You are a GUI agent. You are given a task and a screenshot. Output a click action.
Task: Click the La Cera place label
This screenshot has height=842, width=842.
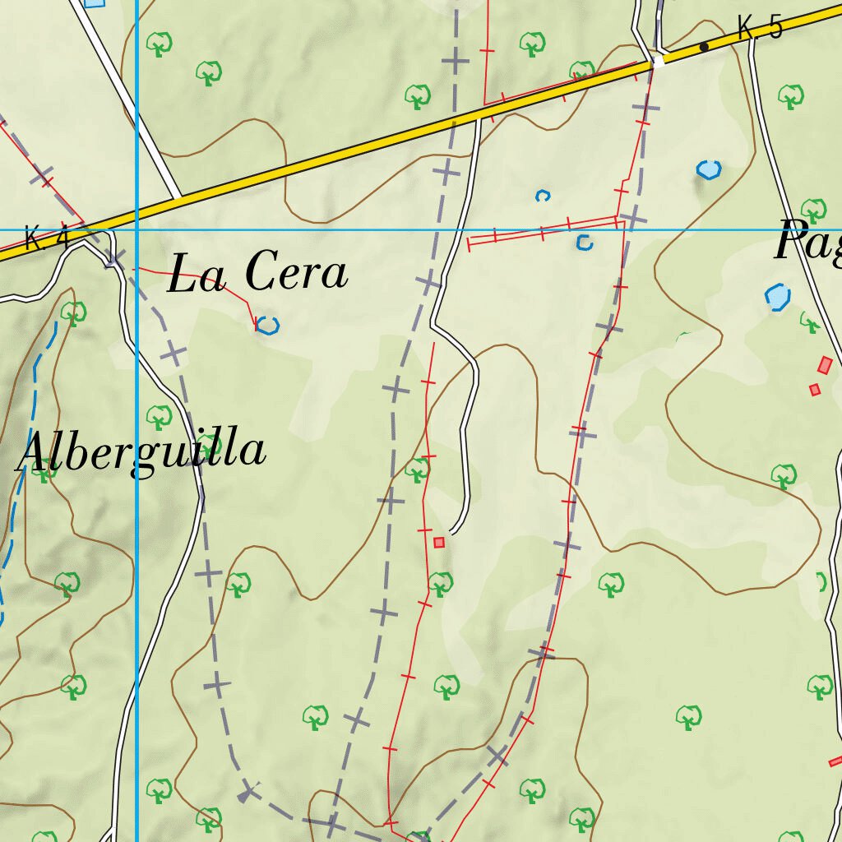pyautogui.click(x=257, y=273)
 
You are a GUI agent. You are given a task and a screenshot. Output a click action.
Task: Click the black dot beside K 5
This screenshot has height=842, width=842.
pyautogui.click(x=704, y=47)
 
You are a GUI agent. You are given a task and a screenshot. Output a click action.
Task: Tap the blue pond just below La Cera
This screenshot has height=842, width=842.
pyautogui.click(x=267, y=326)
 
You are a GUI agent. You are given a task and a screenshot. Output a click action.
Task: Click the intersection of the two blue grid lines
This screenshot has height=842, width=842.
pyautogui.click(x=136, y=230)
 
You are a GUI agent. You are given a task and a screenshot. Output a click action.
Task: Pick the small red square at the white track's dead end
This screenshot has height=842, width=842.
pyautogui.click(x=439, y=542)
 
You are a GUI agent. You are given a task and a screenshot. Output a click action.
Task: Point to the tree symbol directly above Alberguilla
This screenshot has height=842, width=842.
pyautogui.click(x=159, y=416)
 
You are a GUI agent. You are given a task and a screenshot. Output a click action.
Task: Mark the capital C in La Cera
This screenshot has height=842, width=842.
pyautogui.click(x=262, y=272)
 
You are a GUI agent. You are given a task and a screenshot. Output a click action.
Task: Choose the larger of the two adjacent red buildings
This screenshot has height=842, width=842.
pyautogui.click(x=826, y=365)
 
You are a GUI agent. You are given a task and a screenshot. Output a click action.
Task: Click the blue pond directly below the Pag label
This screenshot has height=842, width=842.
pyautogui.click(x=777, y=297)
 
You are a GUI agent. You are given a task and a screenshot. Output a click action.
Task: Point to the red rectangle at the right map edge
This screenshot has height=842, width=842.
pyautogui.click(x=836, y=761)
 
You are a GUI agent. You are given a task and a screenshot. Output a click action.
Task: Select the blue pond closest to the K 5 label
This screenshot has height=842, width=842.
pyautogui.click(x=709, y=170)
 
